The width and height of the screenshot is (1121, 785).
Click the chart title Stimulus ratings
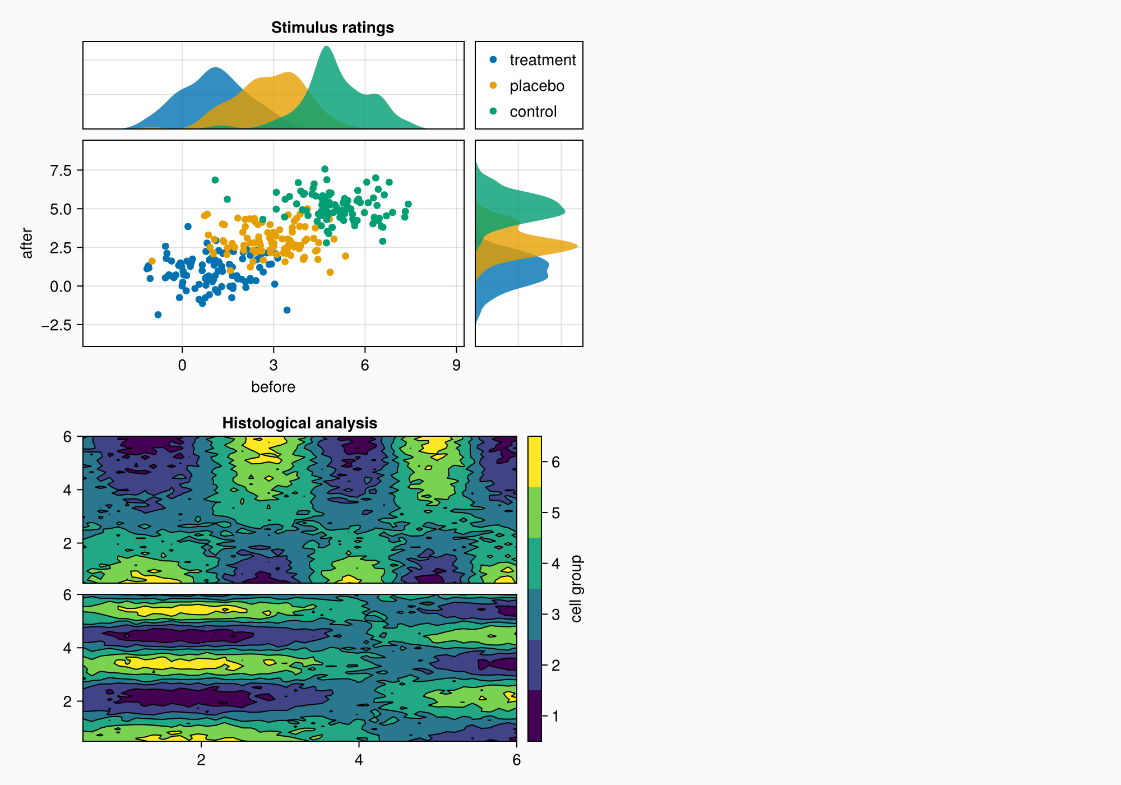tap(332, 27)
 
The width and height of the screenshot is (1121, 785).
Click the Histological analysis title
tap(299, 423)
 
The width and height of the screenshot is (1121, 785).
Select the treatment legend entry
tap(542, 60)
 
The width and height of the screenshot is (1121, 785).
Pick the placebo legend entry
tap(536, 86)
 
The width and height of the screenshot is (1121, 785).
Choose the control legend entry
tap(532, 112)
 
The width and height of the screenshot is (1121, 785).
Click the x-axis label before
tap(273, 387)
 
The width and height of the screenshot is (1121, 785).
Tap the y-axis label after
tap(27, 243)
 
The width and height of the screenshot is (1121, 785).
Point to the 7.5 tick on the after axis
tap(61, 170)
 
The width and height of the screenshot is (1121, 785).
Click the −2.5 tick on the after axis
tap(57, 325)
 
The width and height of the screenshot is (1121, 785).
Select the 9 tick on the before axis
tap(456, 366)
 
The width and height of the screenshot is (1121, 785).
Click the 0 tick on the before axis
tap(182, 366)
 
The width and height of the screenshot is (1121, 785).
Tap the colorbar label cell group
tap(576, 589)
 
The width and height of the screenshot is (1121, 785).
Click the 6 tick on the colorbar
tap(555, 462)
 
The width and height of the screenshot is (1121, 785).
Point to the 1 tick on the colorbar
tap(555, 716)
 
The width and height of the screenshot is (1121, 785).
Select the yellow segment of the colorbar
tap(535, 461)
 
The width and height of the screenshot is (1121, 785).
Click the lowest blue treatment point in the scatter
tap(158, 315)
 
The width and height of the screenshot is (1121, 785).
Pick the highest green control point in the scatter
tap(325, 169)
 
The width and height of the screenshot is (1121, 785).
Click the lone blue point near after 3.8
tap(188, 227)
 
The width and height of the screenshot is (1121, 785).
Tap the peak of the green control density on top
tap(326, 47)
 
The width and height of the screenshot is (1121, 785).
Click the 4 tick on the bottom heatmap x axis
tap(359, 760)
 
